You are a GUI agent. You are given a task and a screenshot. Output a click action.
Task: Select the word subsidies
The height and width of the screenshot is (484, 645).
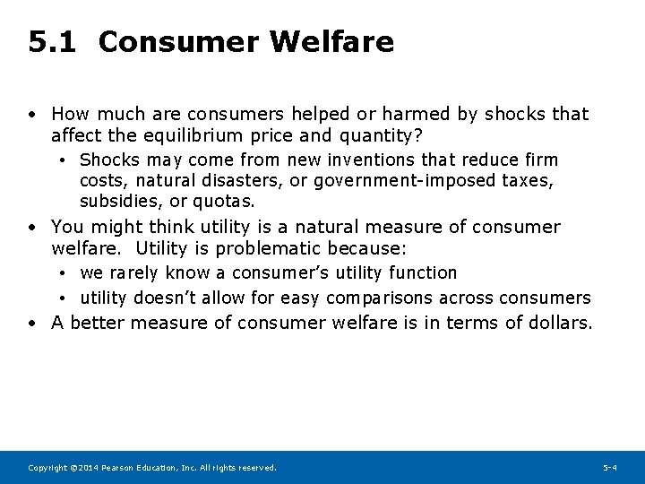[x=116, y=201]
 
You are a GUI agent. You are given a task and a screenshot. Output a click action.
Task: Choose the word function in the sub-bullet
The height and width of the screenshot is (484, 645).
[x=422, y=272]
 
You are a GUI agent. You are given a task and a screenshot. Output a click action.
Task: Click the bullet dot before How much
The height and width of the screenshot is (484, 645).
[x=31, y=115]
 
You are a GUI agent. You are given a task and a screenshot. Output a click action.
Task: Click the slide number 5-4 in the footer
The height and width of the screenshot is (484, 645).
[x=609, y=468]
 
